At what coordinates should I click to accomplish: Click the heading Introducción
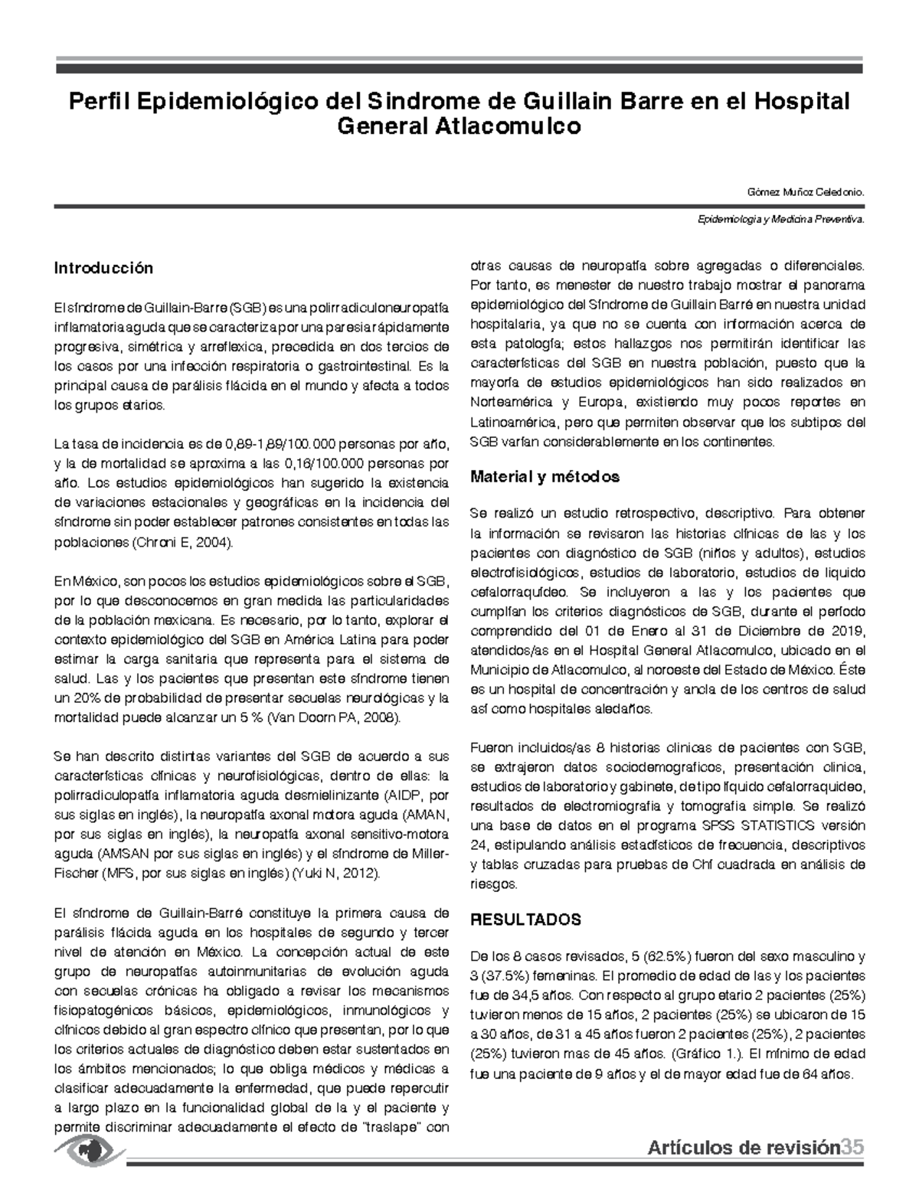[x=103, y=268]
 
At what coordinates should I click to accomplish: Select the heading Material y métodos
[x=545, y=477]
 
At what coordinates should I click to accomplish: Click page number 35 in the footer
[x=852, y=1147]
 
